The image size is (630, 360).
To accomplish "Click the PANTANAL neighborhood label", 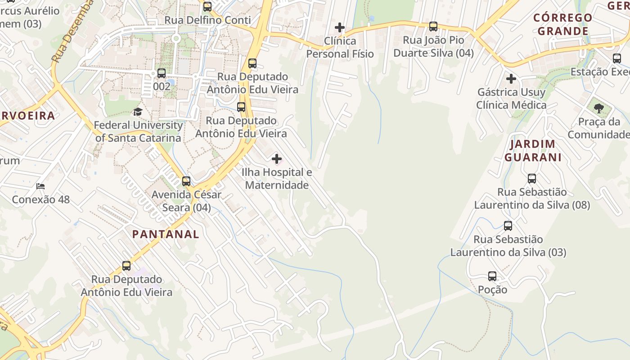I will coord(166,234).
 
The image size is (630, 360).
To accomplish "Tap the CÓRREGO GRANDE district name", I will coord(563,24).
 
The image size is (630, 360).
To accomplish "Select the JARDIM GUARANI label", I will coord(533,151).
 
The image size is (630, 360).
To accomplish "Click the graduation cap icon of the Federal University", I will coord(138,112).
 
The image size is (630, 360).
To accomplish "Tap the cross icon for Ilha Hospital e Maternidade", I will coord(277,159).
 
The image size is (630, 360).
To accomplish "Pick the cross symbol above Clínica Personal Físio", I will coord(340,28).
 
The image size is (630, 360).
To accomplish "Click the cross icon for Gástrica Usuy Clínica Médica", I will coord(511,79).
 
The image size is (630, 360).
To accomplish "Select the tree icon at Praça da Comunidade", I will coord(598,108).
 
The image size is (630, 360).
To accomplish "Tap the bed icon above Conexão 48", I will coord(40,186).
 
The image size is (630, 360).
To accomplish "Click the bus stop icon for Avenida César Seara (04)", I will coord(186,181).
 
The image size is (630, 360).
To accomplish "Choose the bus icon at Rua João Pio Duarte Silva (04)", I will coord(433,27).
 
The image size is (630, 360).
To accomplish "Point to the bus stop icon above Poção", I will coord(492,276).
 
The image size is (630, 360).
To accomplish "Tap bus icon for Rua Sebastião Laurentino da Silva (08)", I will coord(532,179).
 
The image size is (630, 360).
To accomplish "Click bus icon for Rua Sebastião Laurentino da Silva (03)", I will coord(508,226).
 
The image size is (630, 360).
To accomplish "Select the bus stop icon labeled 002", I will coord(162,73).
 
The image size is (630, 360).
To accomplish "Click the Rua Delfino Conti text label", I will coord(207,20).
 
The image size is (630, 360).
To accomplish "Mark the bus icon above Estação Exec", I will coord(617,58).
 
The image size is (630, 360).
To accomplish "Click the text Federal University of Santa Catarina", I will coord(139,131).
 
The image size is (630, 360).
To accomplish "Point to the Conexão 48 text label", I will coord(41,199).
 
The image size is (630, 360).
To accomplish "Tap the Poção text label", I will coord(492,289).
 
